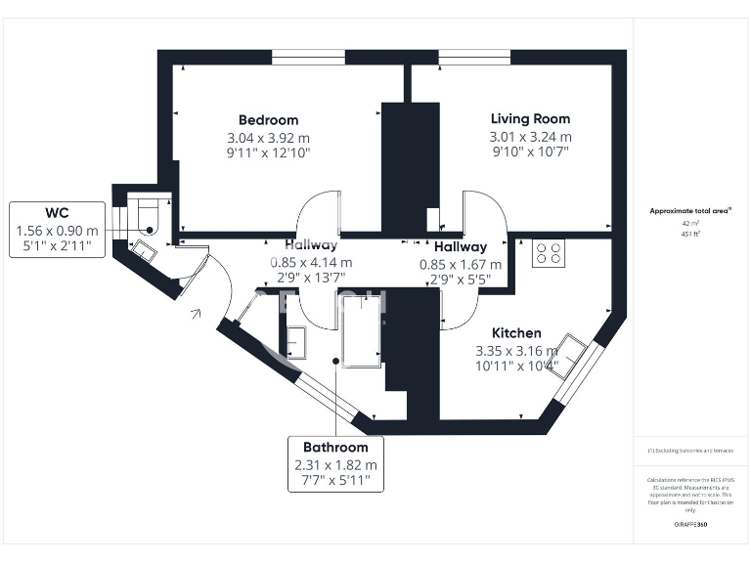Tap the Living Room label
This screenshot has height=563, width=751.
pyautogui.click(x=530, y=118)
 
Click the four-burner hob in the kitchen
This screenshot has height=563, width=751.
pyautogui.click(x=548, y=253)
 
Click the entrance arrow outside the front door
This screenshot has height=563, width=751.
pyautogui.click(x=197, y=314)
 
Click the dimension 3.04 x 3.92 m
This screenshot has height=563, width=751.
pyautogui.click(x=268, y=137)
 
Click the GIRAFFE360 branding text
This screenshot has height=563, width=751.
pyautogui.click(x=689, y=526)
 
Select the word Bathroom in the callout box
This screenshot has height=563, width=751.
pyautogui.click(x=335, y=447)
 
